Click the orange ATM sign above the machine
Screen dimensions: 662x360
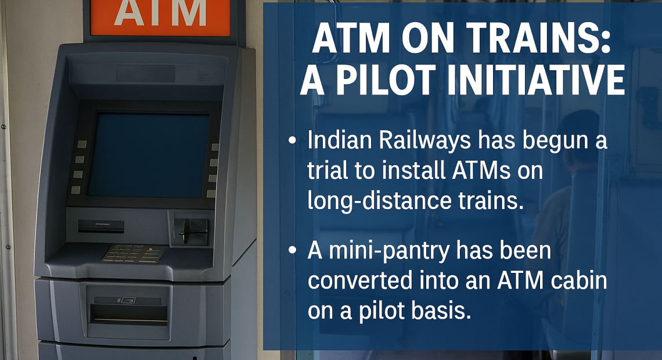[x=160, y=17]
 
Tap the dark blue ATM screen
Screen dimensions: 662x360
[x=149, y=156]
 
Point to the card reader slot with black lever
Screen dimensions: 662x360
[x=191, y=231]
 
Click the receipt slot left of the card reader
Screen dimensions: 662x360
[x=101, y=226]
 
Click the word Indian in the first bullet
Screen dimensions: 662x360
[x=340, y=140]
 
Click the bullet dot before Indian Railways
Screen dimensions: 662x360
[x=292, y=141]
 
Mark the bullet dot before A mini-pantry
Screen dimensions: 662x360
[x=292, y=250]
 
